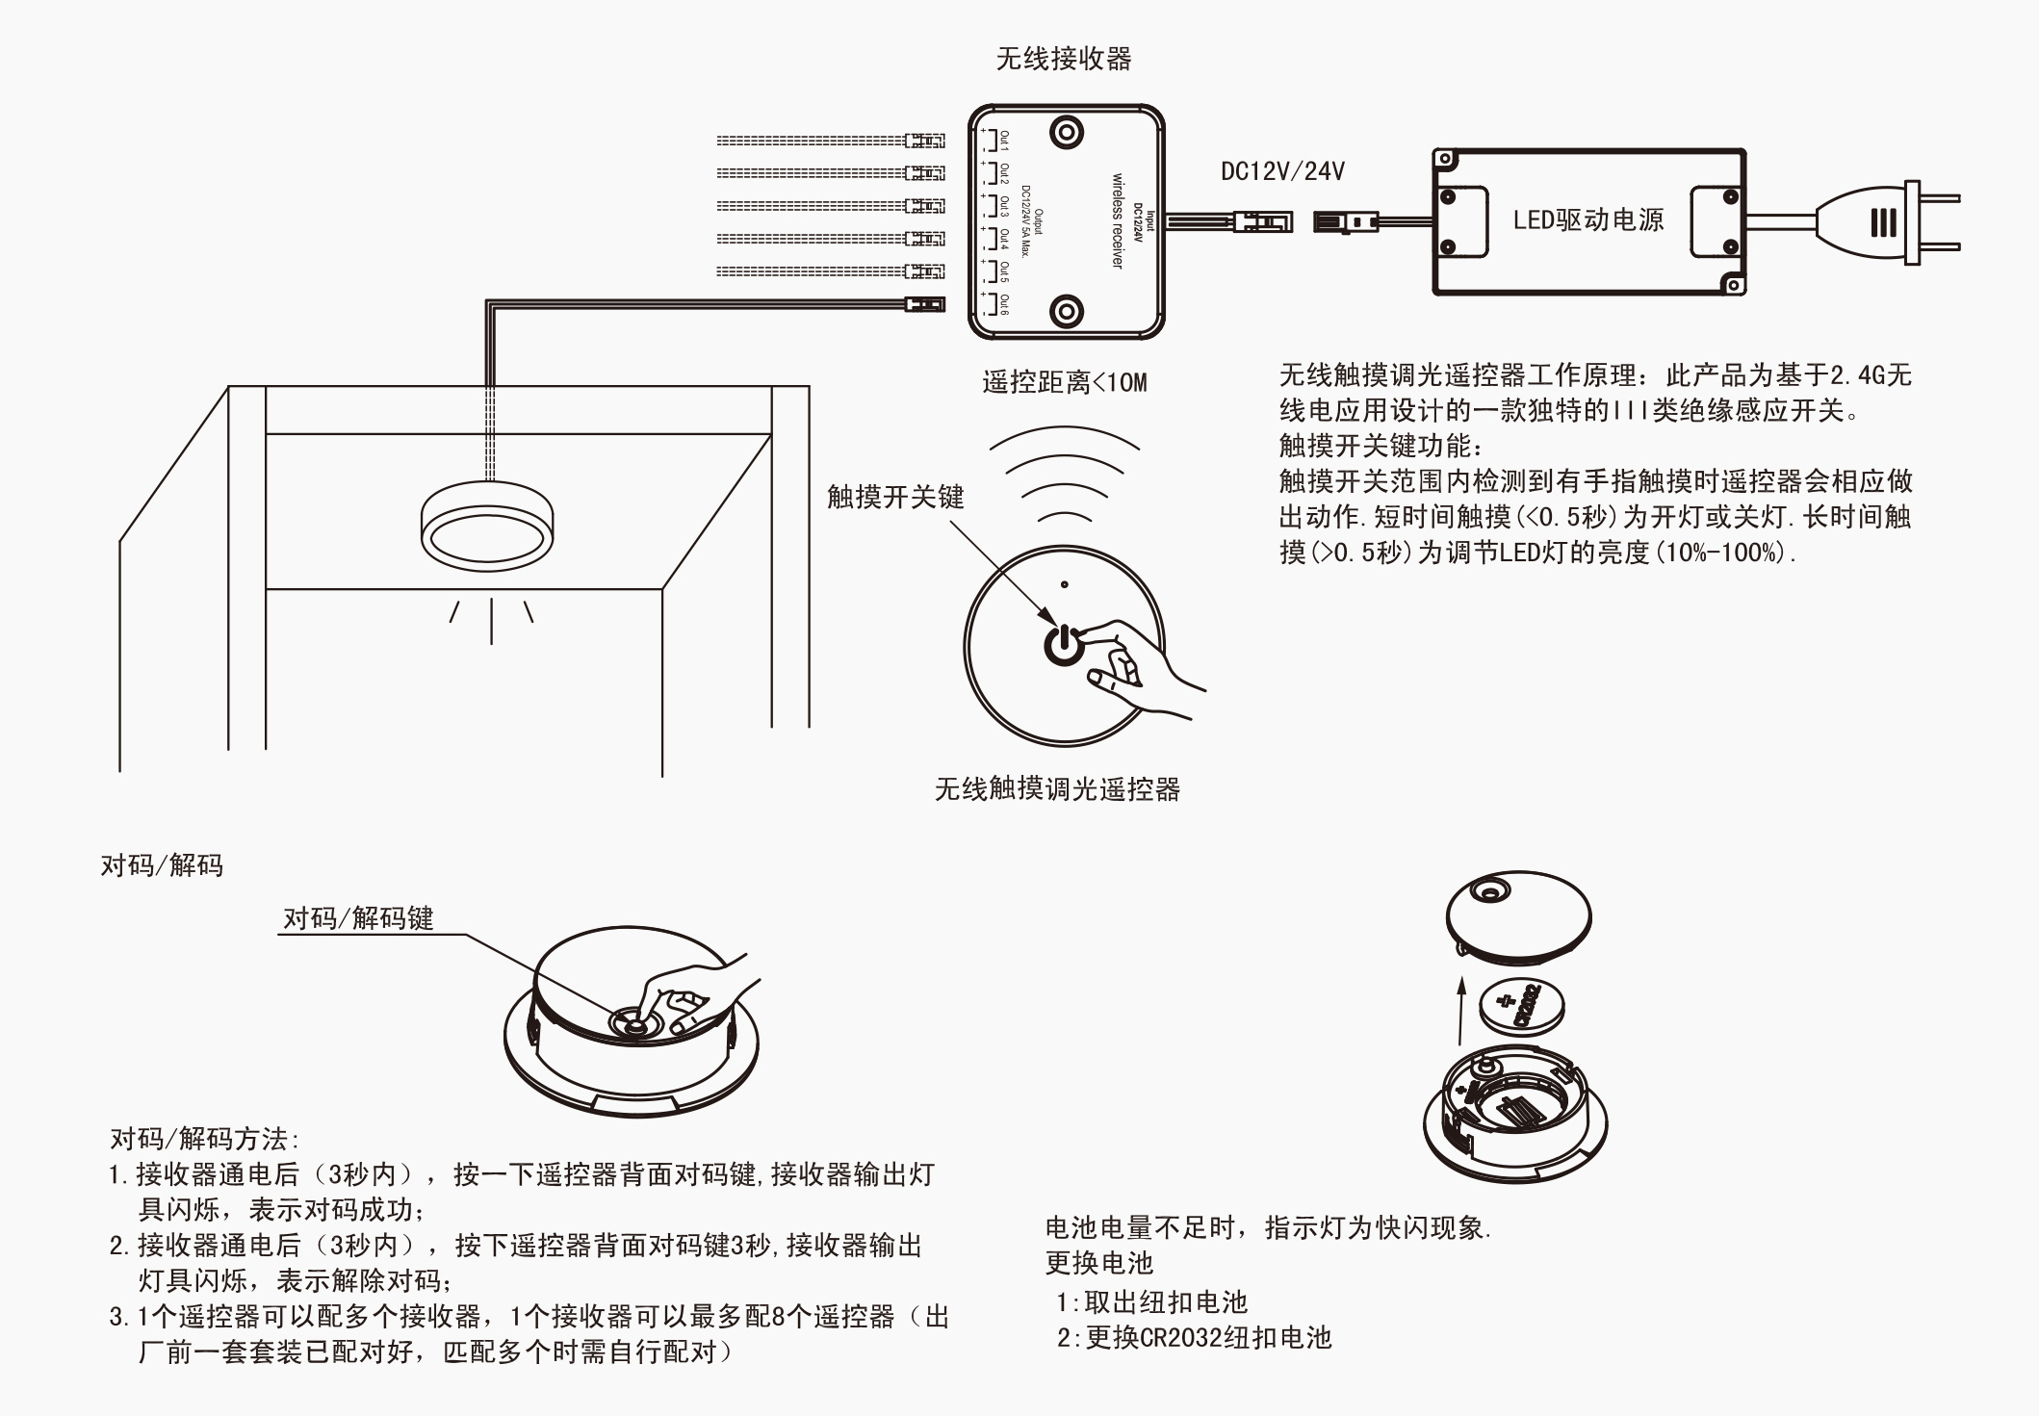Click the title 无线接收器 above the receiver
pyautogui.click(x=1064, y=60)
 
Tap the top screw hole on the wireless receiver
pyautogui.click(x=1067, y=132)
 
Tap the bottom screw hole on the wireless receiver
pyautogui.click(x=1067, y=311)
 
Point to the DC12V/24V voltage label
pyautogui.click(x=1282, y=172)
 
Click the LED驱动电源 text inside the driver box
pyautogui.click(x=1588, y=220)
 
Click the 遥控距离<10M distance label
pyautogui.click(x=1065, y=383)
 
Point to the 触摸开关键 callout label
pyautogui.click(x=895, y=497)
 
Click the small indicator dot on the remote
pyautogui.click(x=1064, y=584)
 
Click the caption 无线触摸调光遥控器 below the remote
pyautogui.click(x=1057, y=790)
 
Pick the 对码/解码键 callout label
pyautogui.click(x=358, y=918)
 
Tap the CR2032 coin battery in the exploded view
pyautogui.click(x=1521, y=1006)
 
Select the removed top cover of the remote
pyautogui.click(x=1518, y=915)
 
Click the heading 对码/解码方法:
pyautogui.click(x=205, y=1140)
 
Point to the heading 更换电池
pyautogui.click(x=1098, y=1263)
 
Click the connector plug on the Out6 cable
pyautogui.click(x=924, y=305)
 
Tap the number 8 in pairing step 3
pyautogui.click(x=779, y=1316)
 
